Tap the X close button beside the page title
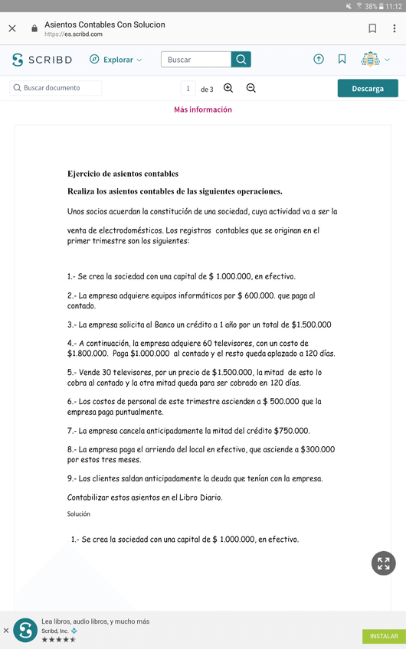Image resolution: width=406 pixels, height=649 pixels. [x=11, y=29]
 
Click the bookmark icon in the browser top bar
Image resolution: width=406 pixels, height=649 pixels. [x=372, y=29]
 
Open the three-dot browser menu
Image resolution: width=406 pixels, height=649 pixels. [x=395, y=29]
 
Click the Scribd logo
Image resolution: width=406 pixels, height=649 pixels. [x=42, y=60]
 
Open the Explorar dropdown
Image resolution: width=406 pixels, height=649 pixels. [x=116, y=60]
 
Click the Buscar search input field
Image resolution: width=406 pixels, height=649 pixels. [x=196, y=60]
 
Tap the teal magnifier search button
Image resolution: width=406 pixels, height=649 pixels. [x=241, y=60]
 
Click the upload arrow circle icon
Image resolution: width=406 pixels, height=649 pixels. [x=319, y=60]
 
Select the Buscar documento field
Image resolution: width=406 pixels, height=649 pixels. [x=56, y=88]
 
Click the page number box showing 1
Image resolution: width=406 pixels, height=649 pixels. [x=188, y=89]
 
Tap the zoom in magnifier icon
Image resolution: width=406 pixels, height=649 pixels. [x=228, y=88]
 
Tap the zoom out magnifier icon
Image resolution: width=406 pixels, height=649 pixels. [x=251, y=88]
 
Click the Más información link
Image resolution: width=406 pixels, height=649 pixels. [x=203, y=109]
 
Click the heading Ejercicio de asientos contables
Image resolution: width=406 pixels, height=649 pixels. [x=123, y=174]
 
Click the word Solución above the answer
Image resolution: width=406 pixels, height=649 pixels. [x=79, y=514]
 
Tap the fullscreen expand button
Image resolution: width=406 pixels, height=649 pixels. [x=383, y=563]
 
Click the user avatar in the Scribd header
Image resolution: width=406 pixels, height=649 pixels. [x=370, y=60]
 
